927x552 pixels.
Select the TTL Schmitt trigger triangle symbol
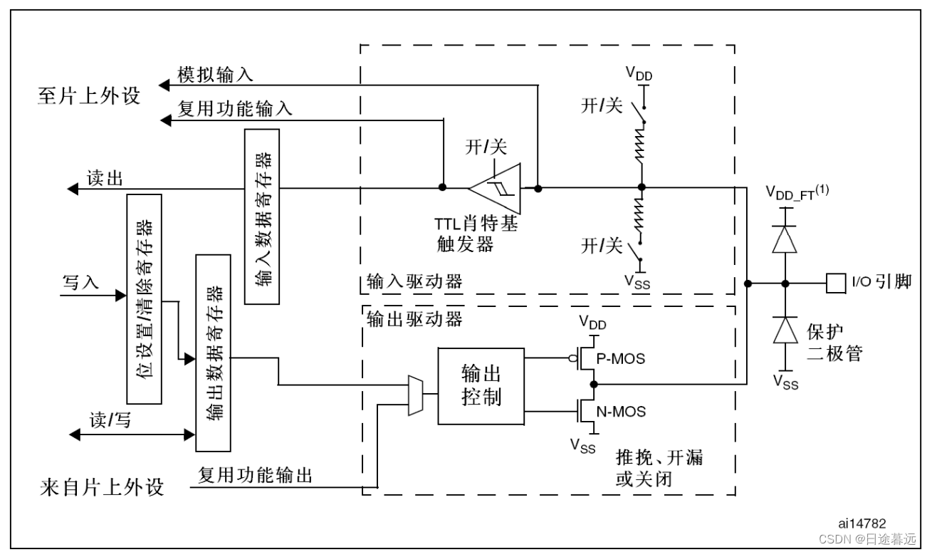pos(495,189)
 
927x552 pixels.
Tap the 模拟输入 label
pos(214,74)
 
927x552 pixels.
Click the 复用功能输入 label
pos(234,110)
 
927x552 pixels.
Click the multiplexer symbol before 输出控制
pos(415,396)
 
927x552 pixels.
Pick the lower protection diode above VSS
pos(785,330)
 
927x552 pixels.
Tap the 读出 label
pos(105,178)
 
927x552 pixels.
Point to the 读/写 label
pos(110,420)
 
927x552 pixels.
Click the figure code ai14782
pos(861,523)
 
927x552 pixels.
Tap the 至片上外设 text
pos(89,97)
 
